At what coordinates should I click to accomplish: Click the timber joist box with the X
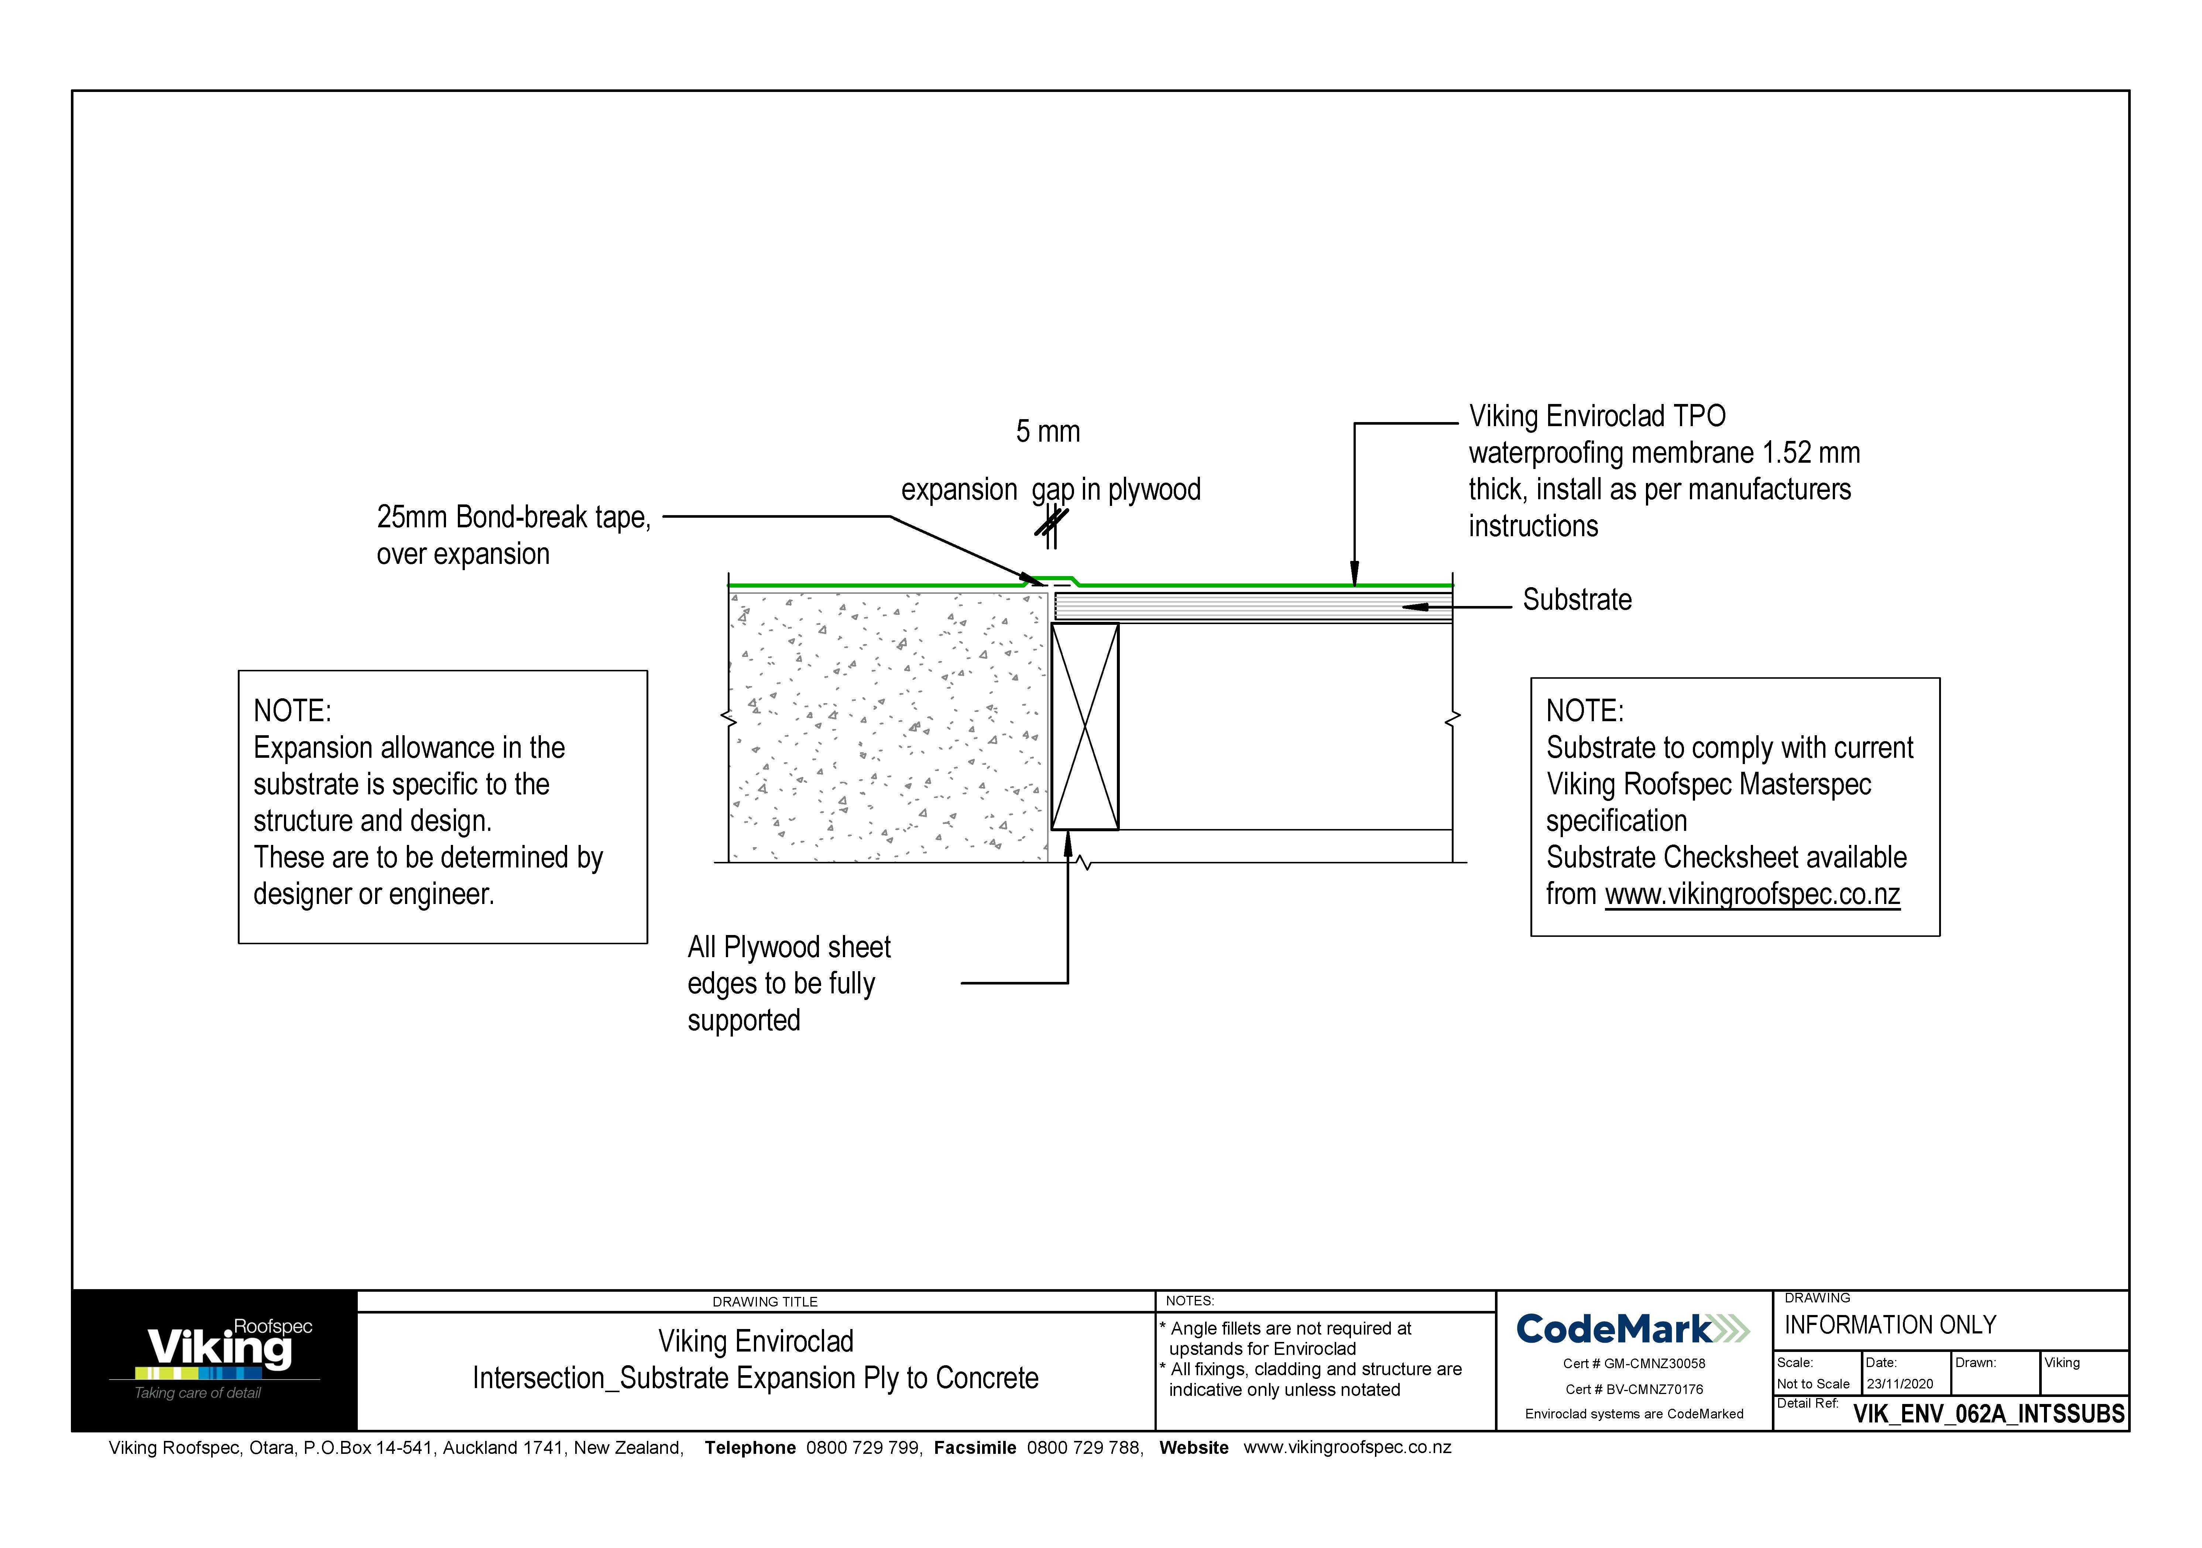tap(1085, 726)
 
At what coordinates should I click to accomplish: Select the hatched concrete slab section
tap(887, 726)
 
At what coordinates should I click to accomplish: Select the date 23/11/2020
tap(1899, 1384)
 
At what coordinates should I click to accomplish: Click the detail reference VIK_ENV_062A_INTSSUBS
tap(1988, 1414)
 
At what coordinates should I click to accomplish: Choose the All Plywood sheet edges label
tap(788, 983)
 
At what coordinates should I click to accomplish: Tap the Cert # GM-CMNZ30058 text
tap(1633, 1363)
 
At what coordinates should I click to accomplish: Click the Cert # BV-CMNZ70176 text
tap(1633, 1389)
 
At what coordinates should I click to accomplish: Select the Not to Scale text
tap(1812, 1384)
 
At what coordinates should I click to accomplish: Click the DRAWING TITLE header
tap(764, 1302)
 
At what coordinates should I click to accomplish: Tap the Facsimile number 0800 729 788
tap(1084, 1447)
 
